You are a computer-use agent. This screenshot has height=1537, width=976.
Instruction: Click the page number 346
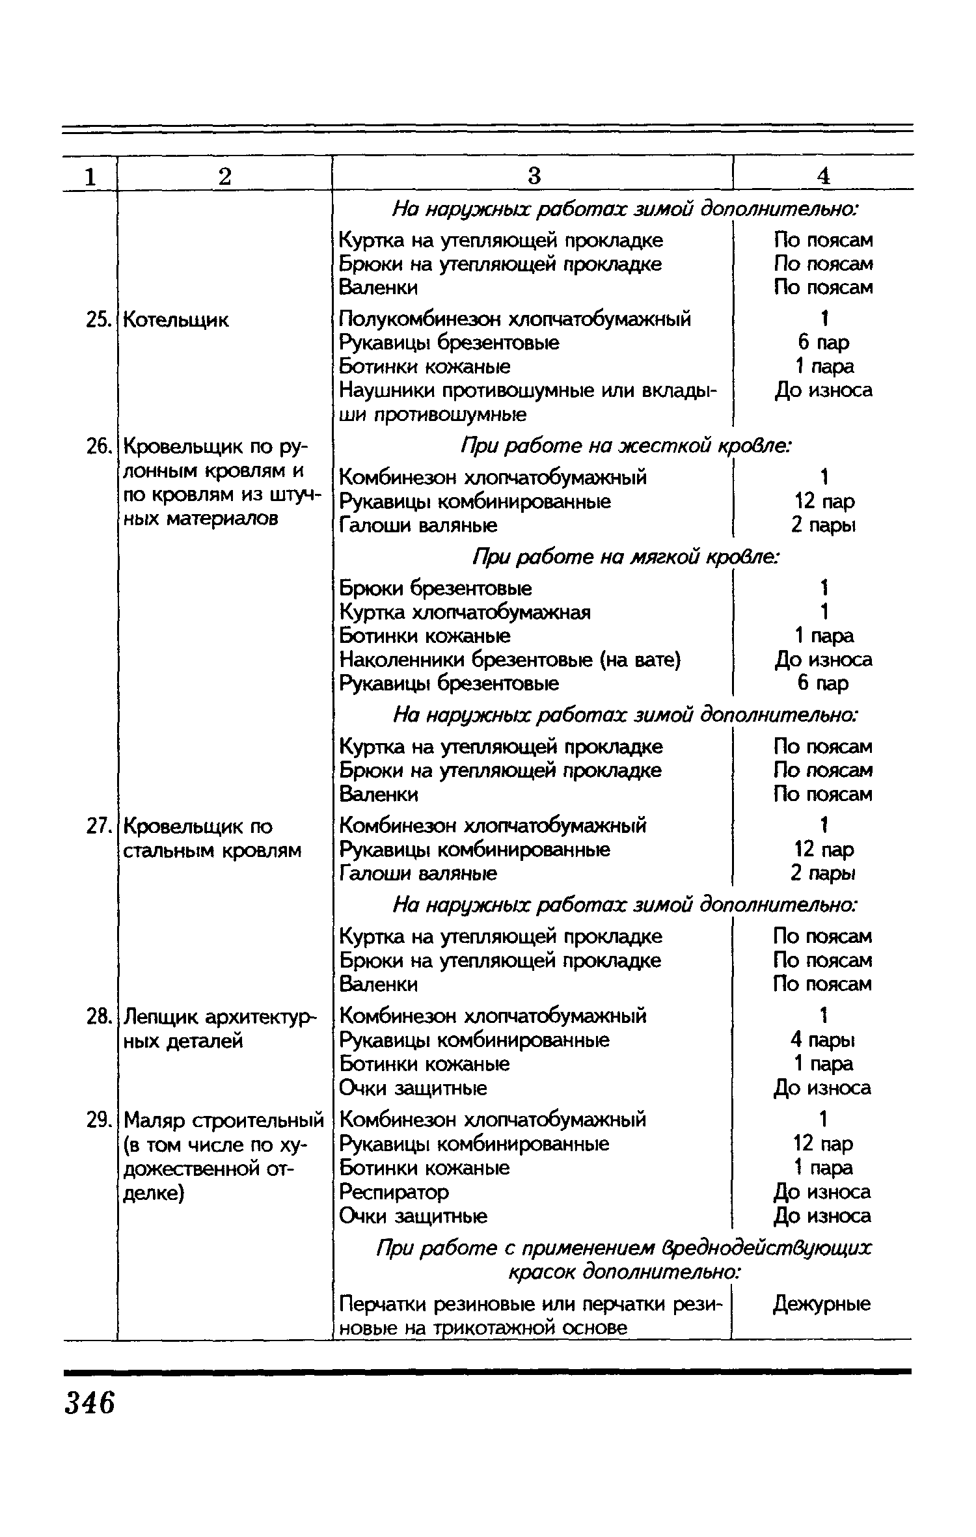(x=90, y=1404)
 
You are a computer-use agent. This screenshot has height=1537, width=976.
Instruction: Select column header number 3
(x=534, y=176)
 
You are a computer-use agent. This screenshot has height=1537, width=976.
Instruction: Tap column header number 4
(x=824, y=176)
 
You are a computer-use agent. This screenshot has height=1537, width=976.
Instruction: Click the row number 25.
(x=96, y=320)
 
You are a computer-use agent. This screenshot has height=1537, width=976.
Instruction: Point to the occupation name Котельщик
(x=176, y=320)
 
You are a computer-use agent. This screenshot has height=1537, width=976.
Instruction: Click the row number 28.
(x=96, y=1016)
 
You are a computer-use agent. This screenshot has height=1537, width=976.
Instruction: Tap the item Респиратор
(x=394, y=1192)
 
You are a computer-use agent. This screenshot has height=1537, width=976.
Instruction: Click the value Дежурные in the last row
(x=822, y=1304)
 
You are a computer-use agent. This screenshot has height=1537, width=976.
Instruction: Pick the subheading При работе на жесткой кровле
(x=626, y=446)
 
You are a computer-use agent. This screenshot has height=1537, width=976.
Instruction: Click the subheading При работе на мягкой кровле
(x=626, y=557)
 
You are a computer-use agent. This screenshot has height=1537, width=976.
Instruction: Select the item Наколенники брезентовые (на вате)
(x=510, y=660)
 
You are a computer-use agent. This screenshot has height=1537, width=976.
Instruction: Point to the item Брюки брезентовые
(x=435, y=588)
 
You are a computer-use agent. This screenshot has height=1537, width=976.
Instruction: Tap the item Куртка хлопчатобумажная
(x=465, y=612)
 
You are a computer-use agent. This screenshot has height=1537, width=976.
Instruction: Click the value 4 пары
(x=823, y=1040)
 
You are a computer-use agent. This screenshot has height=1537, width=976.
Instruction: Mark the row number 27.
(x=96, y=826)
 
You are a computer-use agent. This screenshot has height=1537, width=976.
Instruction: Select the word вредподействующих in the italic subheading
(x=763, y=1248)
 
